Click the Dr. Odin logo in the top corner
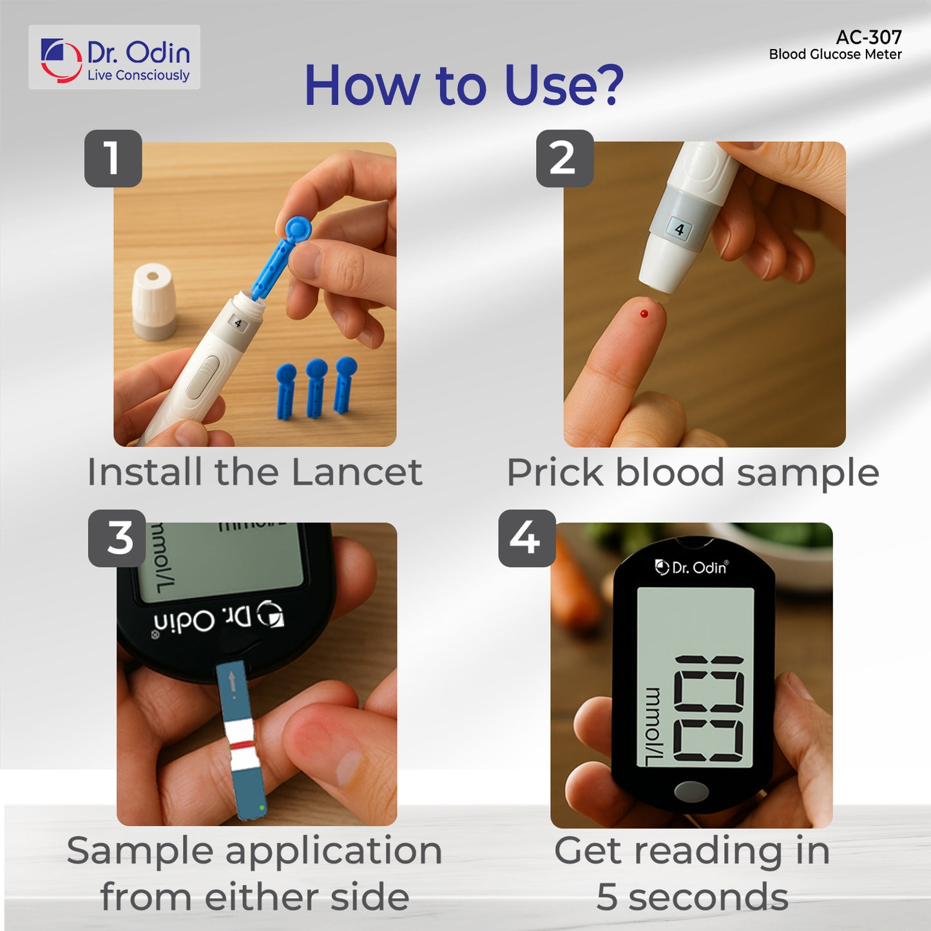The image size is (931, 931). (x=115, y=58)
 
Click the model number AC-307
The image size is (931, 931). (x=868, y=37)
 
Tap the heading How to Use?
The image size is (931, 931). (x=464, y=85)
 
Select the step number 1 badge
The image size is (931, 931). (x=113, y=158)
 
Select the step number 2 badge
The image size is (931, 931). (x=564, y=158)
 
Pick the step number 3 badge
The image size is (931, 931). (x=117, y=538)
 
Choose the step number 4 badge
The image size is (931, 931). (x=526, y=538)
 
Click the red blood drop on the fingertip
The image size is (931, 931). (x=644, y=314)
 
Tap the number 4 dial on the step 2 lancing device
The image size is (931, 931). (x=679, y=229)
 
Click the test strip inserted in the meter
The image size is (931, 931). (x=242, y=741)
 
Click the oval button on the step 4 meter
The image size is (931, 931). (x=691, y=791)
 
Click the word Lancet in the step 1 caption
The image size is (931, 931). (x=357, y=472)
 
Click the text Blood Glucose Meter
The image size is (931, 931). (x=835, y=55)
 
